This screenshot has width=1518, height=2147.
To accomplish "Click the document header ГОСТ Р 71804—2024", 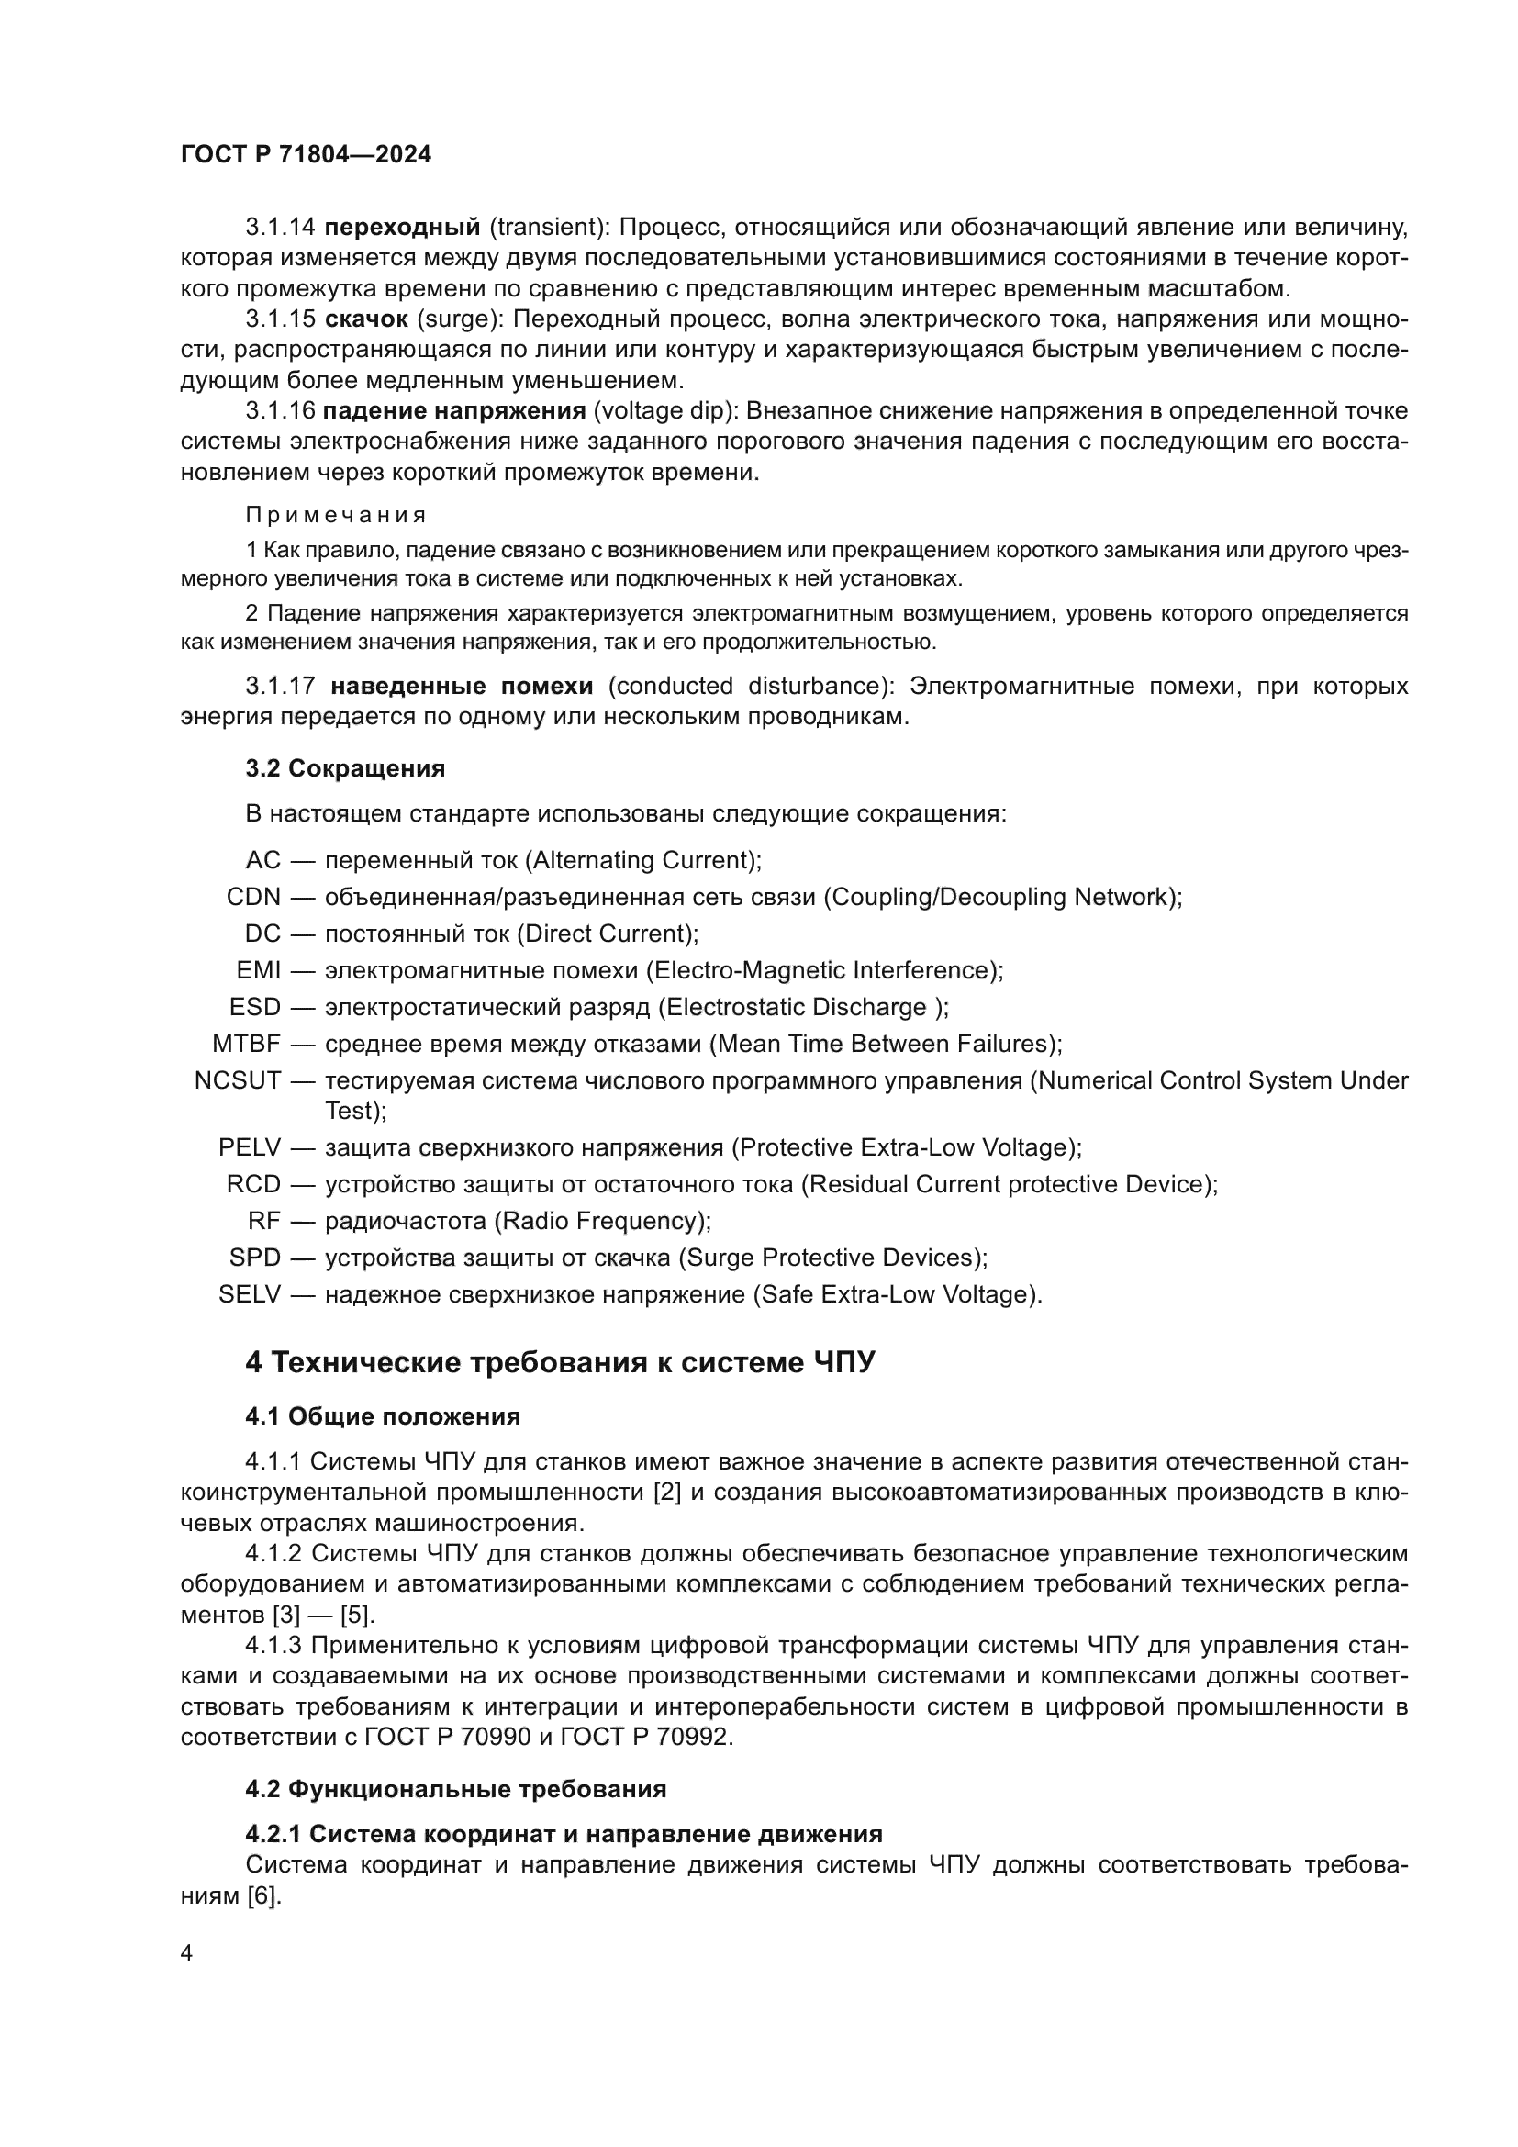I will click(x=306, y=155).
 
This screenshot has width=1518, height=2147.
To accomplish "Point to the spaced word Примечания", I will click(x=336, y=515).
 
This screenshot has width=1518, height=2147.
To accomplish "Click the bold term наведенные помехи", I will click(x=462, y=687).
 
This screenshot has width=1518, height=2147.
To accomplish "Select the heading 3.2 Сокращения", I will click(x=345, y=768).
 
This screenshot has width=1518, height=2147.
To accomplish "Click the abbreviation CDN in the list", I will click(x=253, y=897).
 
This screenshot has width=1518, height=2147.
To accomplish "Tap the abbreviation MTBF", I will click(x=246, y=1044).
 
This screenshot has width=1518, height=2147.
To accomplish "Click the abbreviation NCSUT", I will click(x=238, y=1081).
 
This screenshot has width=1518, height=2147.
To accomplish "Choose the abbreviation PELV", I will click(x=250, y=1147).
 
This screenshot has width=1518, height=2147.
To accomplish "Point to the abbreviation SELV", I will click(x=250, y=1295).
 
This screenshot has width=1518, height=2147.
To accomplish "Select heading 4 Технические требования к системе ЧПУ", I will click(x=560, y=1362).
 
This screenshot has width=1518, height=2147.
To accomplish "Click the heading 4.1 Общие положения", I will click(x=383, y=1416).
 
